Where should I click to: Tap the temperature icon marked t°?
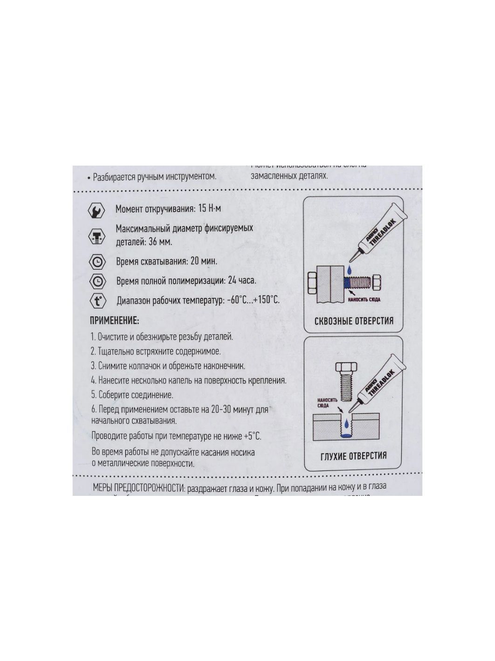coord(97,300)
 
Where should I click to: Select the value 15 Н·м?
coord(209,208)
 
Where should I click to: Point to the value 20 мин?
coord(204,261)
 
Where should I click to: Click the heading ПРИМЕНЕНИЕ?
coord(114,321)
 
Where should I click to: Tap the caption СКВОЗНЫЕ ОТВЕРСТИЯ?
coord(353,321)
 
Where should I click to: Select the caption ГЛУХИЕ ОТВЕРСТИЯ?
coord(353,456)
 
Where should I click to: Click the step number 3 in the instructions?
coord(93,366)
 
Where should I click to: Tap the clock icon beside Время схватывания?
coord(97,263)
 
